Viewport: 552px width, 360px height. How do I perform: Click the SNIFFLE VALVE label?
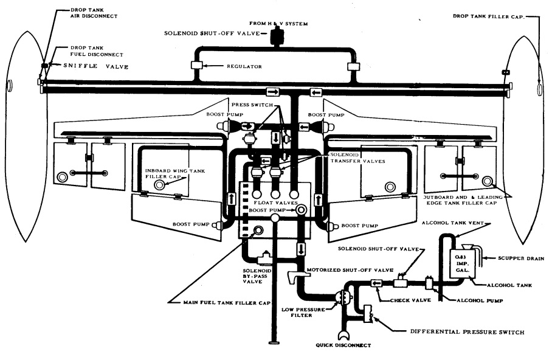click(x=96, y=66)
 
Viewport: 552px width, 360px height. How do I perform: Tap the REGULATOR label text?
click(x=244, y=66)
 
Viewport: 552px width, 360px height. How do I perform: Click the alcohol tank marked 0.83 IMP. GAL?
click(x=462, y=263)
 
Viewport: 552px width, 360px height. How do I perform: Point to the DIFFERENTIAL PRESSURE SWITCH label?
click(x=467, y=332)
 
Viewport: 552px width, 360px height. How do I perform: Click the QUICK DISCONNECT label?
click(x=343, y=345)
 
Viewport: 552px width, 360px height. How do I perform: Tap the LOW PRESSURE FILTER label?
click(x=303, y=313)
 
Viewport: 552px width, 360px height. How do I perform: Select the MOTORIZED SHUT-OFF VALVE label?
click(x=350, y=270)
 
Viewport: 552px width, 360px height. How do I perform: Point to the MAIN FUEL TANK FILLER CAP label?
click(x=227, y=303)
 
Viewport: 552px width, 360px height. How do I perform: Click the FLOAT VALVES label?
click(x=275, y=203)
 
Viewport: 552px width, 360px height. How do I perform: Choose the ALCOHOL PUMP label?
click(x=480, y=300)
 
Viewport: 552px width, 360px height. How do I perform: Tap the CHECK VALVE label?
click(x=410, y=300)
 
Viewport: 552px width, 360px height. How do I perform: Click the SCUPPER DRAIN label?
click(x=521, y=258)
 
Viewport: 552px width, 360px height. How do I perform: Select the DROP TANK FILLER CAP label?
click(x=489, y=16)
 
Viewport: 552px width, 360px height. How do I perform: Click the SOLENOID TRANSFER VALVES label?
click(x=357, y=158)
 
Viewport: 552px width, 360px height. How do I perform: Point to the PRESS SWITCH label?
click(x=252, y=105)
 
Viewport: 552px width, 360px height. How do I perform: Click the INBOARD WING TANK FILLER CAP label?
click(x=175, y=174)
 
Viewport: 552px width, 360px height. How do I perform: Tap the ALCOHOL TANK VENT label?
click(x=453, y=223)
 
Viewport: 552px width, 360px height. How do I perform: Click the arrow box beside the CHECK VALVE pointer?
click(x=377, y=283)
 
